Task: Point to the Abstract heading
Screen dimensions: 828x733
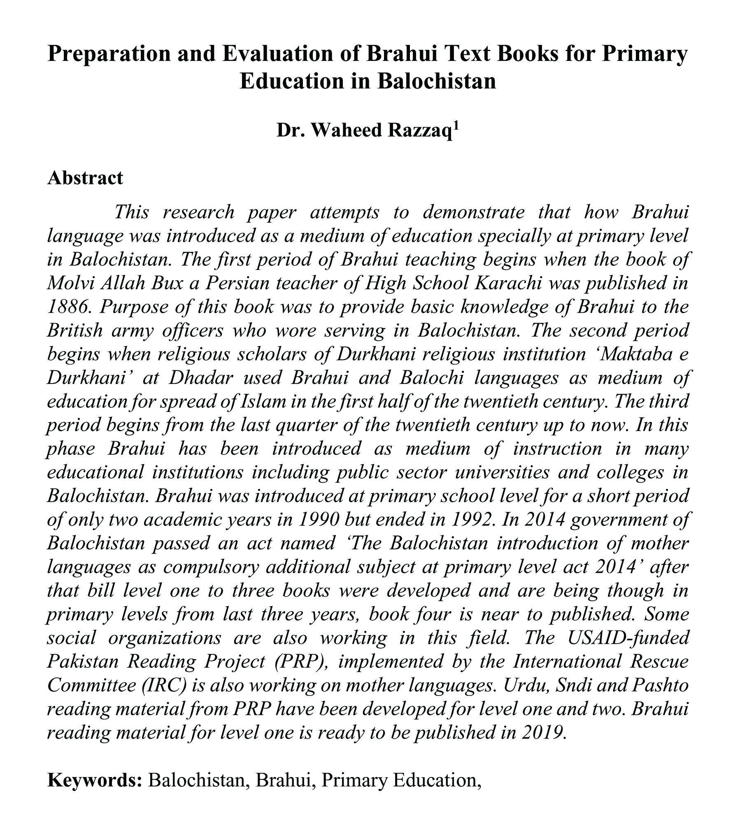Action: pyautogui.click(x=85, y=178)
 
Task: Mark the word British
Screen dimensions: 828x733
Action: pyautogui.click(x=74, y=330)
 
